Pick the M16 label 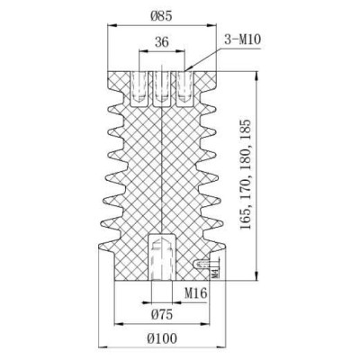(x=196, y=292)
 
